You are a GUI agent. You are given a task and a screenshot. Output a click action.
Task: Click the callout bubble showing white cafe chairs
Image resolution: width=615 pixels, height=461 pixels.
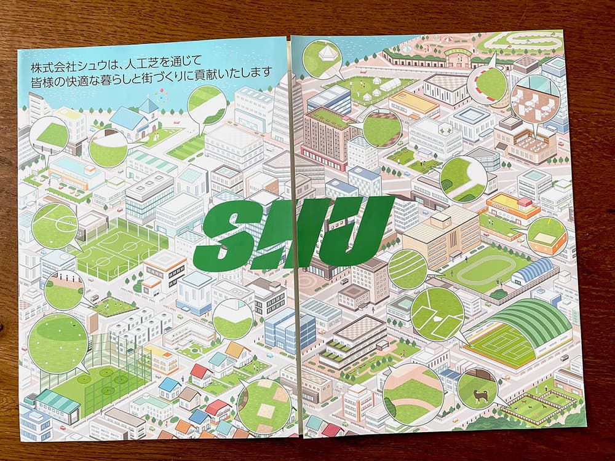tap(534, 98)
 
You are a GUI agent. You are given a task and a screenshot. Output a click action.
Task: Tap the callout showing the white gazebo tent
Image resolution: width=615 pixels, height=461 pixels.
tap(323, 57)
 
